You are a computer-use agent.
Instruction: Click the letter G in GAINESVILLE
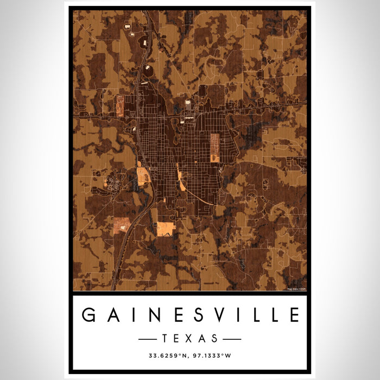[87, 315]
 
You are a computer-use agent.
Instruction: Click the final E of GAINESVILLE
[294, 315]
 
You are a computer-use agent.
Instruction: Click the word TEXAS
[190, 339]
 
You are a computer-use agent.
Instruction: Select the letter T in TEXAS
[165, 339]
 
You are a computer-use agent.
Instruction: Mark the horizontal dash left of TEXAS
[148, 339]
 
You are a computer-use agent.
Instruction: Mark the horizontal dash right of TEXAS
[232, 339]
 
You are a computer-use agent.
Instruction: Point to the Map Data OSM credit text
[297, 288]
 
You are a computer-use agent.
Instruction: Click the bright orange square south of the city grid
[166, 229]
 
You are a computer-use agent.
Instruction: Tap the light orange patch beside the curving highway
[143, 176]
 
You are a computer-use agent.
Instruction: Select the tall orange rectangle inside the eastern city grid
[215, 147]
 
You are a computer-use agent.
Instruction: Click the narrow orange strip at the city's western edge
[120, 106]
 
